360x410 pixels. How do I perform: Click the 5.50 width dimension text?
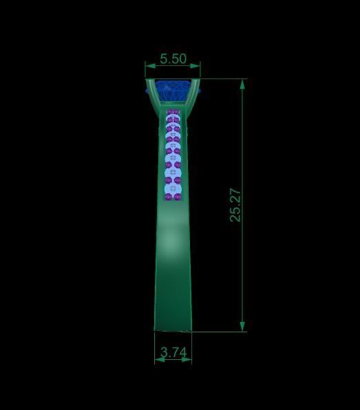173,59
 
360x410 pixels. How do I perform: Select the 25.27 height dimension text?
235,205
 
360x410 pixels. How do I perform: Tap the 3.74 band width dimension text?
173,352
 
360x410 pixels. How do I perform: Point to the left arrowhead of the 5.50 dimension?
148,67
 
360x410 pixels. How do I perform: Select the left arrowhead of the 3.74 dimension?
158,359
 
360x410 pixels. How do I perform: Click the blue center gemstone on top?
172,89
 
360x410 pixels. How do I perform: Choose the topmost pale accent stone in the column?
172,114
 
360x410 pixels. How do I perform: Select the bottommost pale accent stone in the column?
172,190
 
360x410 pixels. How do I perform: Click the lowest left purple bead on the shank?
167,197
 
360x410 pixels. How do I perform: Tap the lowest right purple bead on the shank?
178,197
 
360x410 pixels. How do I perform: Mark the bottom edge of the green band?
172,330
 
